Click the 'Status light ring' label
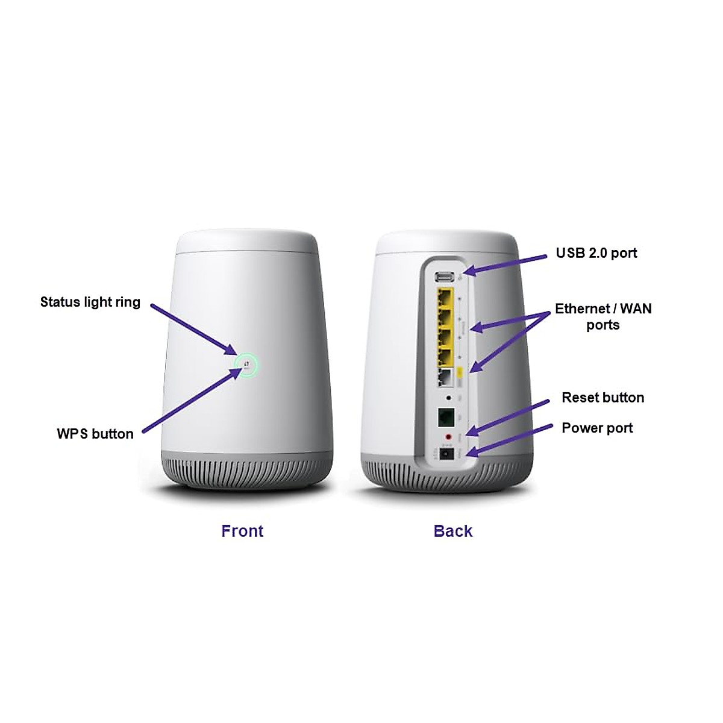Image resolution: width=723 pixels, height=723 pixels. click(x=90, y=302)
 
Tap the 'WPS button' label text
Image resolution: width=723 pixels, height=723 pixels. click(x=95, y=434)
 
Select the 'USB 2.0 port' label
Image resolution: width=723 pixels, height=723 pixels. click(x=596, y=253)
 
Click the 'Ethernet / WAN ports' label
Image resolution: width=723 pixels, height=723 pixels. click(x=603, y=317)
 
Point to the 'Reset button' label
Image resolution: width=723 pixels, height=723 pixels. click(x=603, y=398)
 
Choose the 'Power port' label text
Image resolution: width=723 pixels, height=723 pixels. click(x=597, y=428)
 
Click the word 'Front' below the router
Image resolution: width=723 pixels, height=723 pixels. click(x=242, y=531)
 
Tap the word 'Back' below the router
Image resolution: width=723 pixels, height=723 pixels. click(x=453, y=531)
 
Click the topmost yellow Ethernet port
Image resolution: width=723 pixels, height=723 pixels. click(x=445, y=297)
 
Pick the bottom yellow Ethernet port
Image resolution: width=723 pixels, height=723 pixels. click(x=445, y=356)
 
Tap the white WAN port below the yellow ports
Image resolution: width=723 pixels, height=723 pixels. click(x=445, y=377)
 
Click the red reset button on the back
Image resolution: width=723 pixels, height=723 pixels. click(x=447, y=436)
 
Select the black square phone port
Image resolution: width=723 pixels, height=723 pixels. click(x=446, y=416)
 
